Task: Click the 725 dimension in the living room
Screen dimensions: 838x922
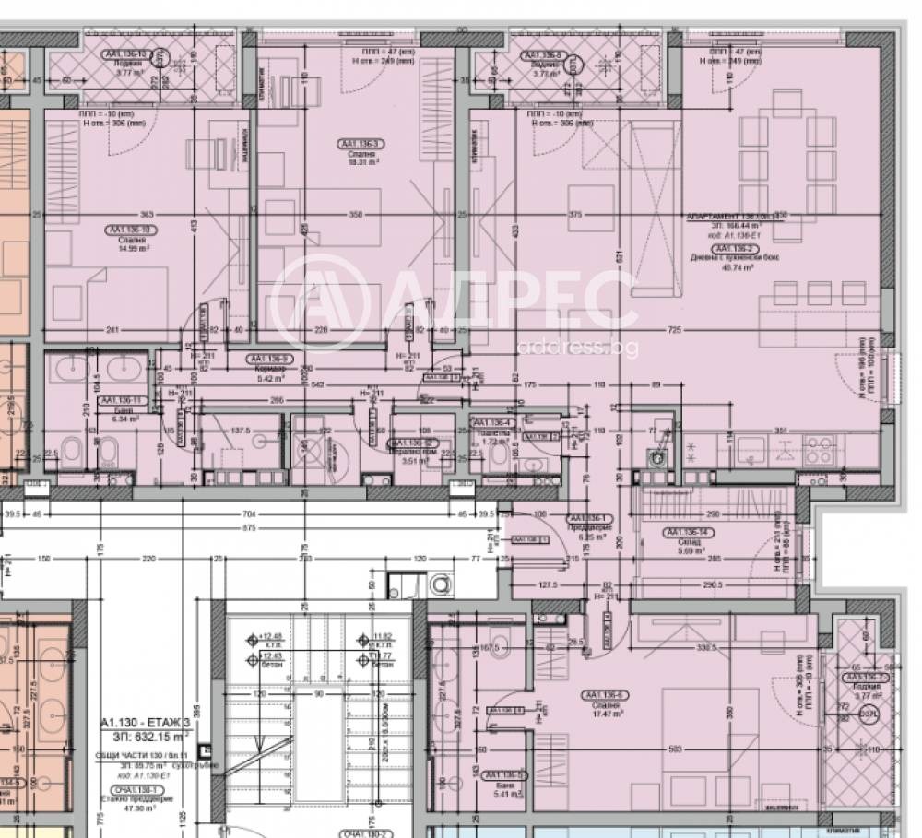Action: click(675, 330)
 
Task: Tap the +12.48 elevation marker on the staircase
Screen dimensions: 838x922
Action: click(270, 636)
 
